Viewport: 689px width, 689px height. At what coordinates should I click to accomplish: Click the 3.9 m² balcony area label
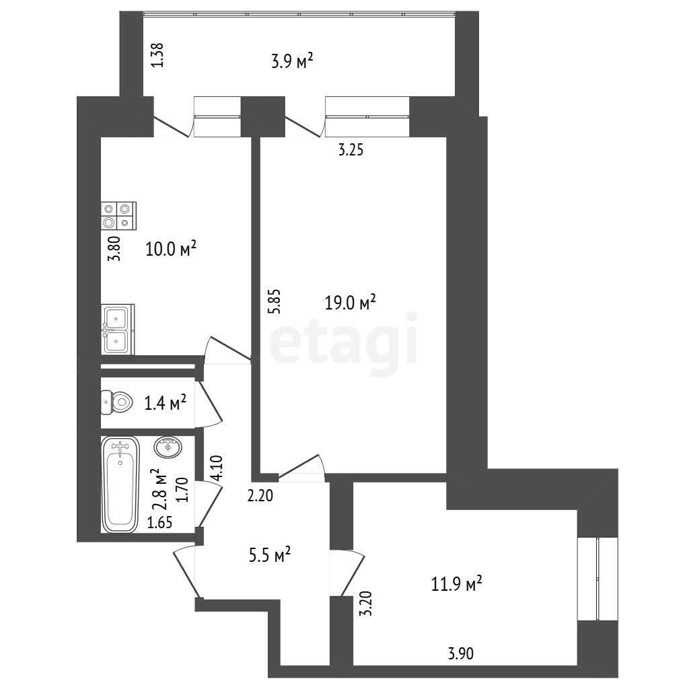click(x=292, y=61)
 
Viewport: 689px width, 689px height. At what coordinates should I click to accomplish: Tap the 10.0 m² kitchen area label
click(x=170, y=249)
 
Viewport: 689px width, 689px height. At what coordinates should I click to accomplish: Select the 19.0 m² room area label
click(x=350, y=302)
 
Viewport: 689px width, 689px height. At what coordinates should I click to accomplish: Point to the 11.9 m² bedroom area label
click(x=457, y=585)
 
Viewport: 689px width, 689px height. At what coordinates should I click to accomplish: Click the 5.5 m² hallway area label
click(x=269, y=555)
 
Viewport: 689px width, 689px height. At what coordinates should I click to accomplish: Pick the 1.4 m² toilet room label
click(x=166, y=402)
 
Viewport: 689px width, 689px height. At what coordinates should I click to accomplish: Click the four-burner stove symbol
click(x=118, y=216)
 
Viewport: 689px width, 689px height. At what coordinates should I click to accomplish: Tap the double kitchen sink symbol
click(x=117, y=330)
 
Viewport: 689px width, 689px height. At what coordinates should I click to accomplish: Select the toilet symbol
click(x=117, y=402)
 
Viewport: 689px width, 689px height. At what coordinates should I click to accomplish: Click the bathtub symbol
click(x=120, y=484)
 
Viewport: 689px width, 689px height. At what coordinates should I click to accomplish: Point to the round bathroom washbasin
click(x=168, y=447)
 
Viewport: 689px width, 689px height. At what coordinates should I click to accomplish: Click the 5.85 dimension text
click(x=275, y=301)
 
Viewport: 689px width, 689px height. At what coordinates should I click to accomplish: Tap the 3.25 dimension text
click(x=351, y=150)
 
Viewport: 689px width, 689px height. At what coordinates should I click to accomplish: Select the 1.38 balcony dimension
click(x=157, y=55)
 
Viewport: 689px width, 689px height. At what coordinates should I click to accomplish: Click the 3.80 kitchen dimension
click(x=114, y=249)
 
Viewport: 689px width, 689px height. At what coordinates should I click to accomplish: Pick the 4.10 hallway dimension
click(x=217, y=468)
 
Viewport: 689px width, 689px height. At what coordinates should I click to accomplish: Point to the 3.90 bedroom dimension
click(x=461, y=653)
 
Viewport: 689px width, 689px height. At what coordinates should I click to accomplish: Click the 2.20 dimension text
click(x=260, y=496)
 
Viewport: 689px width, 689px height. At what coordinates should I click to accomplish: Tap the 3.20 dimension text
click(x=365, y=604)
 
